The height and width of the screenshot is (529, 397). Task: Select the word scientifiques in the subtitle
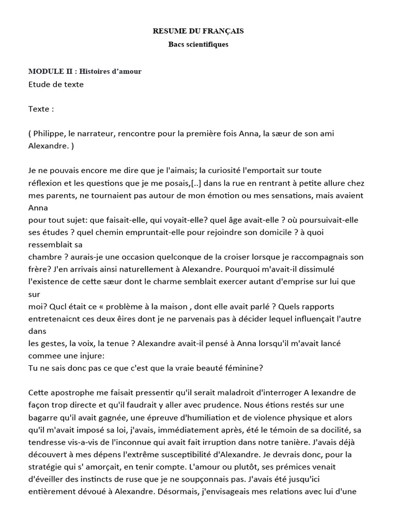point(208,44)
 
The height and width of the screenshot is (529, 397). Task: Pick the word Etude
point(40,84)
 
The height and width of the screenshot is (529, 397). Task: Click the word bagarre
point(44,418)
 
